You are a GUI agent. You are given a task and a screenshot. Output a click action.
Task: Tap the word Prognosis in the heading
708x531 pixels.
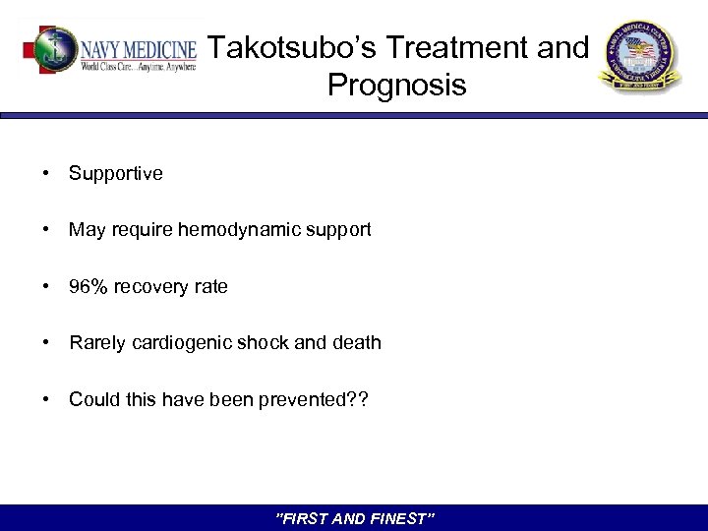coord(397,86)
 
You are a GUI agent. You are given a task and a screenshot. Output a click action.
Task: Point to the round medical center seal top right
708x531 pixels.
coord(639,57)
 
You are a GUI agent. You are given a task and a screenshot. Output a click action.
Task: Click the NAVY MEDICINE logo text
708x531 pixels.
coord(139,46)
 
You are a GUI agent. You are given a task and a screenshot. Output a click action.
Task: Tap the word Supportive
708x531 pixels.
coord(116,174)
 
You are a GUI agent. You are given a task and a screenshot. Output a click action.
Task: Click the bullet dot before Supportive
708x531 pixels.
coord(45,174)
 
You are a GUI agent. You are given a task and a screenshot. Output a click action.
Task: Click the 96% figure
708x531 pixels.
coord(88,287)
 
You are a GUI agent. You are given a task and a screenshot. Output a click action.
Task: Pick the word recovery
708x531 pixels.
coord(152,287)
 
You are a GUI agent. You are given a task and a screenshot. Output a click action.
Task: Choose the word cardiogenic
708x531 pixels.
coord(176,343)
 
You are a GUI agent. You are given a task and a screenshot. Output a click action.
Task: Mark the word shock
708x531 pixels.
coord(263,343)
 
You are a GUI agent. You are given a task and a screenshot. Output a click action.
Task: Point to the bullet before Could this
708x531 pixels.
coord(45,399)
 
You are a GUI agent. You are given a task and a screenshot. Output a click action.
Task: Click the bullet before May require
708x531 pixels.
coord(45,230)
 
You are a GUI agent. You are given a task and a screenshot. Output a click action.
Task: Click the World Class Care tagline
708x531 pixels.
coord(138,66)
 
